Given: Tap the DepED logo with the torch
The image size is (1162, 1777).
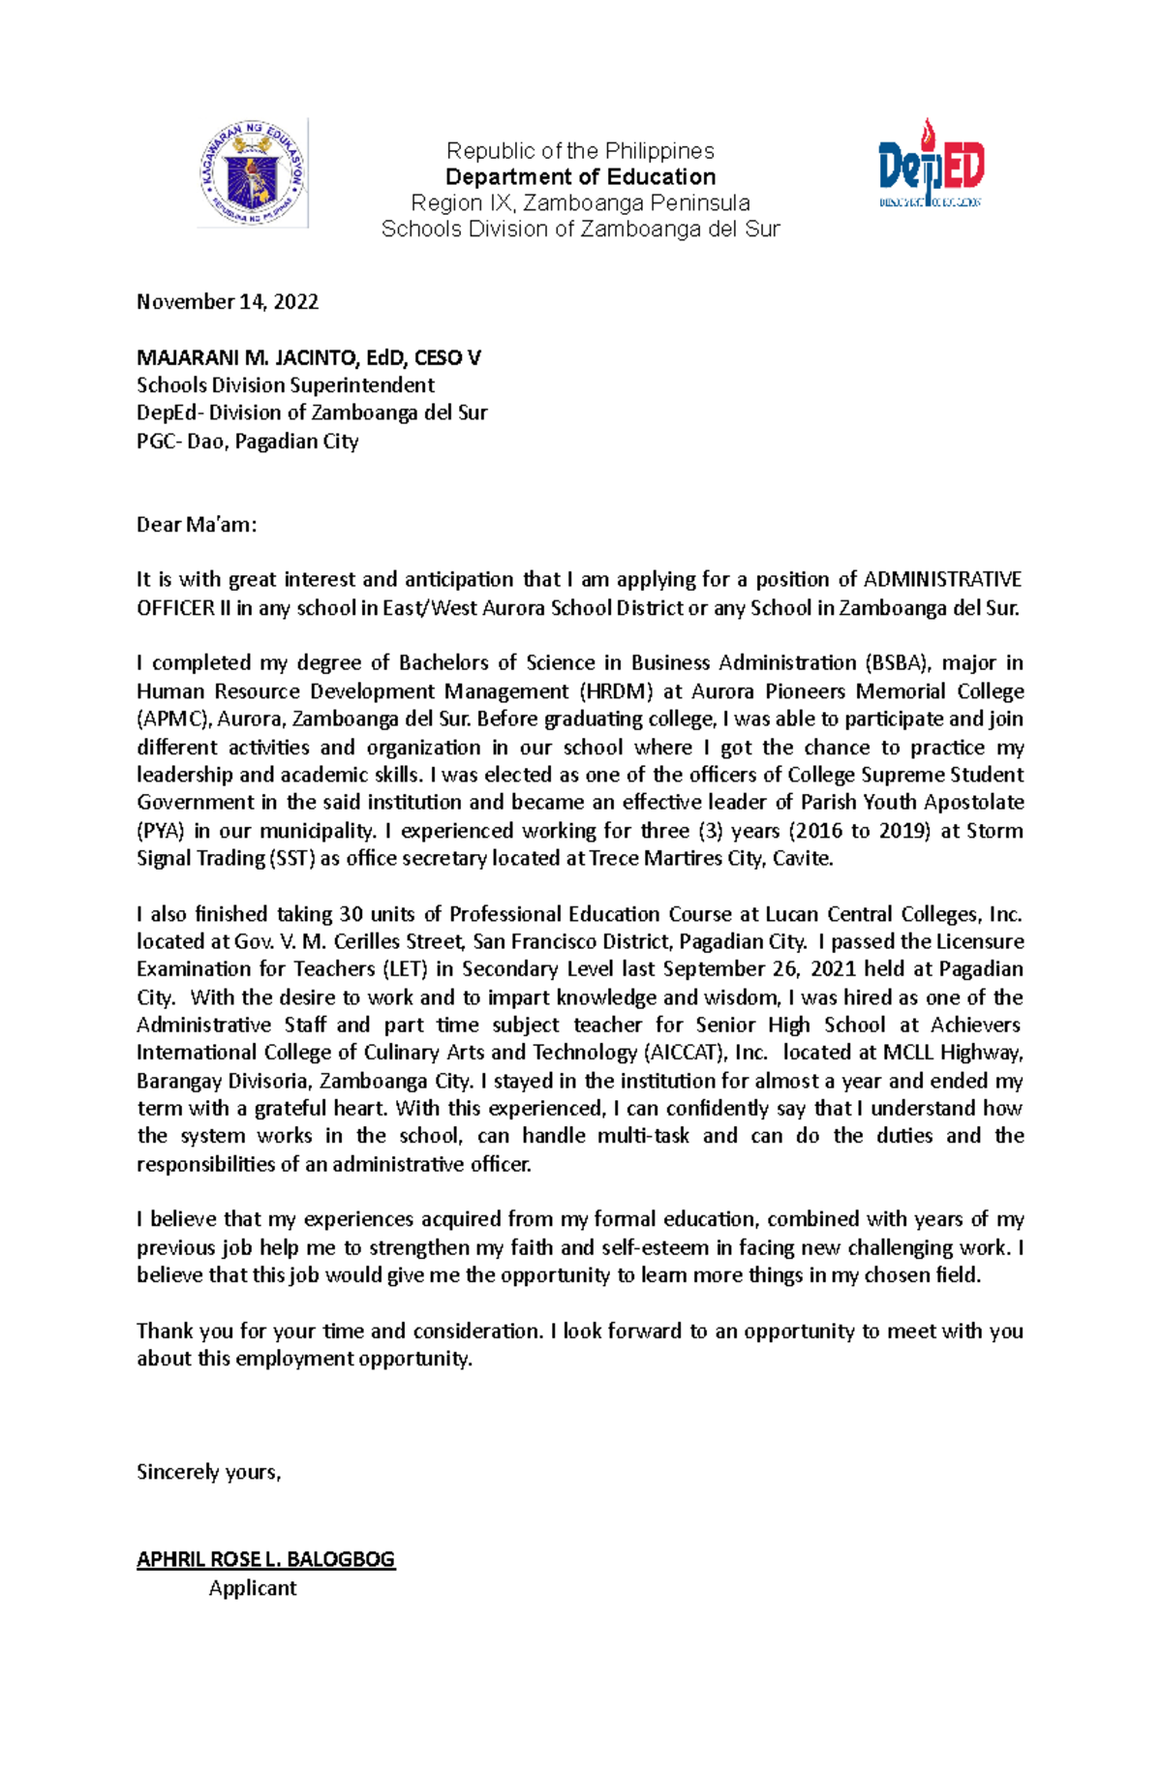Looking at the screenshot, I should (931, 166).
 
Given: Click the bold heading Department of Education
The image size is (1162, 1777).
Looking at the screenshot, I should (580, 177).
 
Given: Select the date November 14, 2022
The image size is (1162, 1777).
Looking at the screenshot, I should (228, 302).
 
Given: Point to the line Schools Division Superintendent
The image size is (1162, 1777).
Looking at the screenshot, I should (285, 385).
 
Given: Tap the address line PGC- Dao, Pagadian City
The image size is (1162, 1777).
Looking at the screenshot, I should (247, 442).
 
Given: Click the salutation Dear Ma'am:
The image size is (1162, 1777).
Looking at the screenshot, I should (197, 525).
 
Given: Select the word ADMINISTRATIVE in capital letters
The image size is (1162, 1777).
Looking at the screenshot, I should (941, 580).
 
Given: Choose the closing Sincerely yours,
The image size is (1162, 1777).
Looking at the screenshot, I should (208, 1472).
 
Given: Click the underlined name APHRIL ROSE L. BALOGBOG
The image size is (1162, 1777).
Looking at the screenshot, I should (265, 1560).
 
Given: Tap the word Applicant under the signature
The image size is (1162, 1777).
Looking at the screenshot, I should (253, 1588).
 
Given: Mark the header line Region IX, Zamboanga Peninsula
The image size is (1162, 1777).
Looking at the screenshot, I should (580, 203).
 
